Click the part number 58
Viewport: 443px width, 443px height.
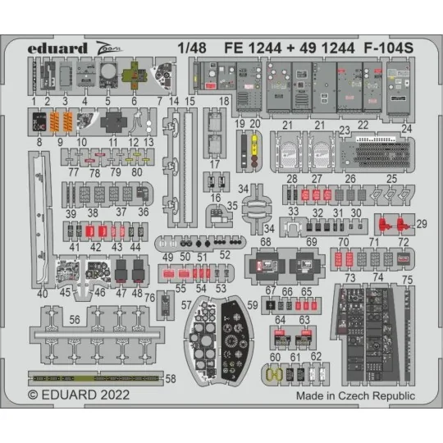171,380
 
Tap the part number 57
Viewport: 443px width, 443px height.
187,305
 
